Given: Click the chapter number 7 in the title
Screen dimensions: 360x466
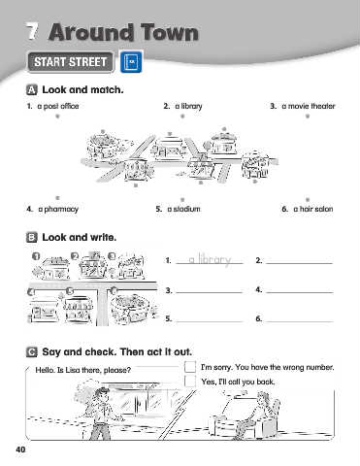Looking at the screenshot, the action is pos(32,32).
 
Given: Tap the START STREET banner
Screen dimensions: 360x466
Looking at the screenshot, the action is pos(71,62).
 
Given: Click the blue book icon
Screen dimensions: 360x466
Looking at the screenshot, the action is pos(131,61).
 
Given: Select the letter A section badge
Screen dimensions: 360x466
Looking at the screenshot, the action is pos(31,89).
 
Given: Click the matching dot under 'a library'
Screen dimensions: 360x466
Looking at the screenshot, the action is pos(182,116).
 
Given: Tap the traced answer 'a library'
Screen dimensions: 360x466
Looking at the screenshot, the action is pos(210,259).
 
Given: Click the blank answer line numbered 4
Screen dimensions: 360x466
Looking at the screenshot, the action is pos(300,292).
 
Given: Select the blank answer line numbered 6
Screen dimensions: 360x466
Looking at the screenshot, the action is pos(300,321).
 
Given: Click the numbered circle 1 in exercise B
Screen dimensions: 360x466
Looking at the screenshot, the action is pos(36,256).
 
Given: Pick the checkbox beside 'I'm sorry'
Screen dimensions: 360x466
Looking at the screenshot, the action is pos(190,367).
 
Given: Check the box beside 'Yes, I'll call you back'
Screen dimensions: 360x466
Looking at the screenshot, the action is pos(190,381).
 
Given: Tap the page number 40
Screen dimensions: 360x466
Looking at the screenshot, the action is pos(20,449).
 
